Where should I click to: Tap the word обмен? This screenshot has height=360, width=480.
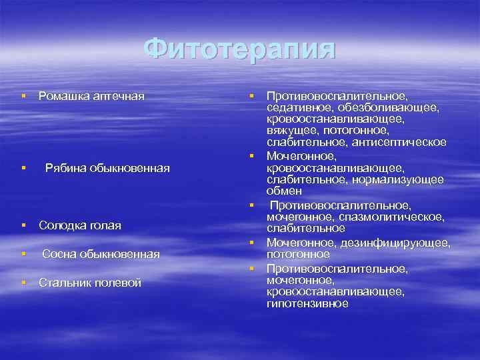pyautogui.click(x=283, y=191)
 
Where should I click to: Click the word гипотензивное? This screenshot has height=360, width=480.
pyautogui.click(x=307, y=303)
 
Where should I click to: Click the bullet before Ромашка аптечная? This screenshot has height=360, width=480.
pyautogui.click(x=23, y=97)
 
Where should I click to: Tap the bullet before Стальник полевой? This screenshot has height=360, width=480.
pyautogui.click(x=23, y=283)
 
